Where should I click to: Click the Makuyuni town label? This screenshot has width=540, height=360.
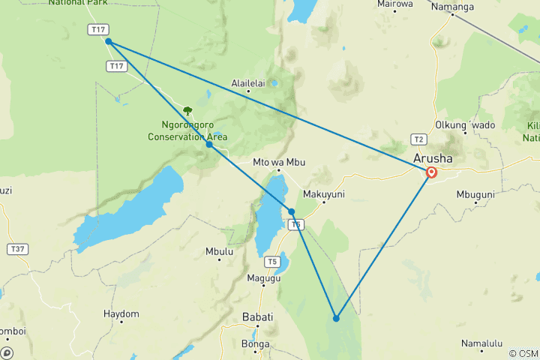coord(322,193)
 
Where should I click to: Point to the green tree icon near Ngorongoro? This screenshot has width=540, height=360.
coord(187,111)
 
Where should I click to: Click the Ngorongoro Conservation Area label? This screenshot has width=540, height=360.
coord(187,131)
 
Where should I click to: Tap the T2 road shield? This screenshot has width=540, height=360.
coord(418,139)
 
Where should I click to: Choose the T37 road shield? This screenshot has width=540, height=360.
coord(16,247)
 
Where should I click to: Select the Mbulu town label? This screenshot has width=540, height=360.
coord(219,251)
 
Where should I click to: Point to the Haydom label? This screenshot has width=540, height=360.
coord(121,313)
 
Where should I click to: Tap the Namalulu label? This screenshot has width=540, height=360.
coord(481,343)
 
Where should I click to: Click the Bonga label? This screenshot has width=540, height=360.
coord(256,344)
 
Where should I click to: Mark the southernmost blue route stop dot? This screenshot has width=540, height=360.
coord(336,319)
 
